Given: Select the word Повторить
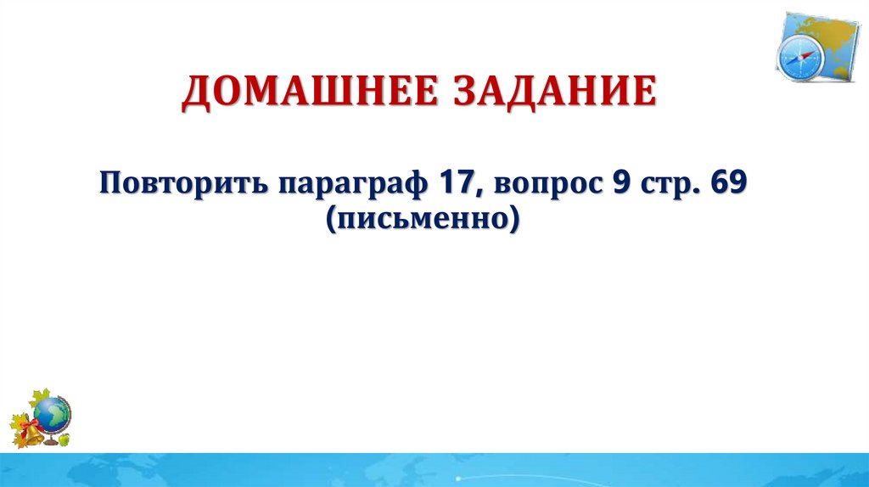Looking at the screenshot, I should coord(181,183).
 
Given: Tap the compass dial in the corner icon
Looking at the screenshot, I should coord(799,57).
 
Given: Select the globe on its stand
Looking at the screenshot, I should coord(53,414).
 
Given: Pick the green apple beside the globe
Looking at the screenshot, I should coord(64,439).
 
